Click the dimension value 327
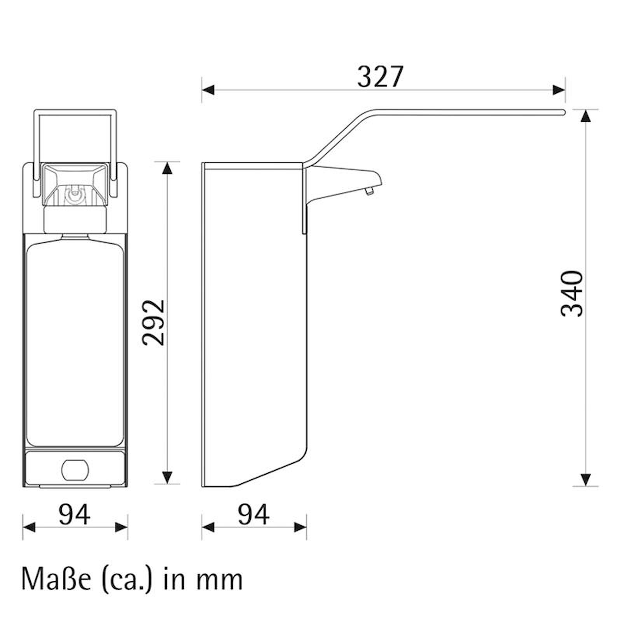(380, 77)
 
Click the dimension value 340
(572, 294)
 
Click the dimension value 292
(154, 322)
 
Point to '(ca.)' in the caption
(127, 580)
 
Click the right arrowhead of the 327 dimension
(559, 91)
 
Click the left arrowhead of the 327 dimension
(208, 91)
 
